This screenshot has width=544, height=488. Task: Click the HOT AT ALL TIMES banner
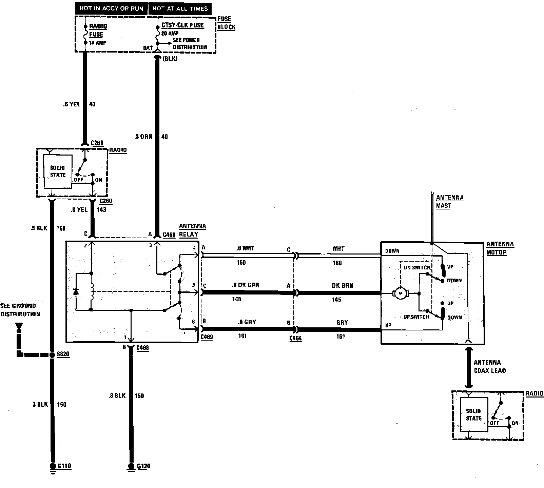(180, 8)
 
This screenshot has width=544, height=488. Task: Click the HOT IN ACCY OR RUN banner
(111, 8)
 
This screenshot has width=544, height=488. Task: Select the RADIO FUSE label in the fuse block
(96, 30)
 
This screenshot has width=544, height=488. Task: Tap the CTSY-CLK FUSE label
(182, 25)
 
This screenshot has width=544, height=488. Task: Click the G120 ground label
(143, 466)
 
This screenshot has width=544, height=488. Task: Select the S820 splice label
(63, 354)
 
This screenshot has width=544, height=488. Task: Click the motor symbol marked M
(401, 293)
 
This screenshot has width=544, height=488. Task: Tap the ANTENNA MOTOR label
(500, 248)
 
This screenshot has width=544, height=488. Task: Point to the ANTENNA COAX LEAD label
(489, 366)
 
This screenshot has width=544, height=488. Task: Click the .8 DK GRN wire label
(246, 285)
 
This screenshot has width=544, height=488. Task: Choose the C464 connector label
(295, 338)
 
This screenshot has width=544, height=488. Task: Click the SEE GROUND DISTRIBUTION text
(20, 310)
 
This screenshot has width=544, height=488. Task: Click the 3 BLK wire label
(40, 404)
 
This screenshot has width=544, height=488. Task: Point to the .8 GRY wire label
(247, 322)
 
